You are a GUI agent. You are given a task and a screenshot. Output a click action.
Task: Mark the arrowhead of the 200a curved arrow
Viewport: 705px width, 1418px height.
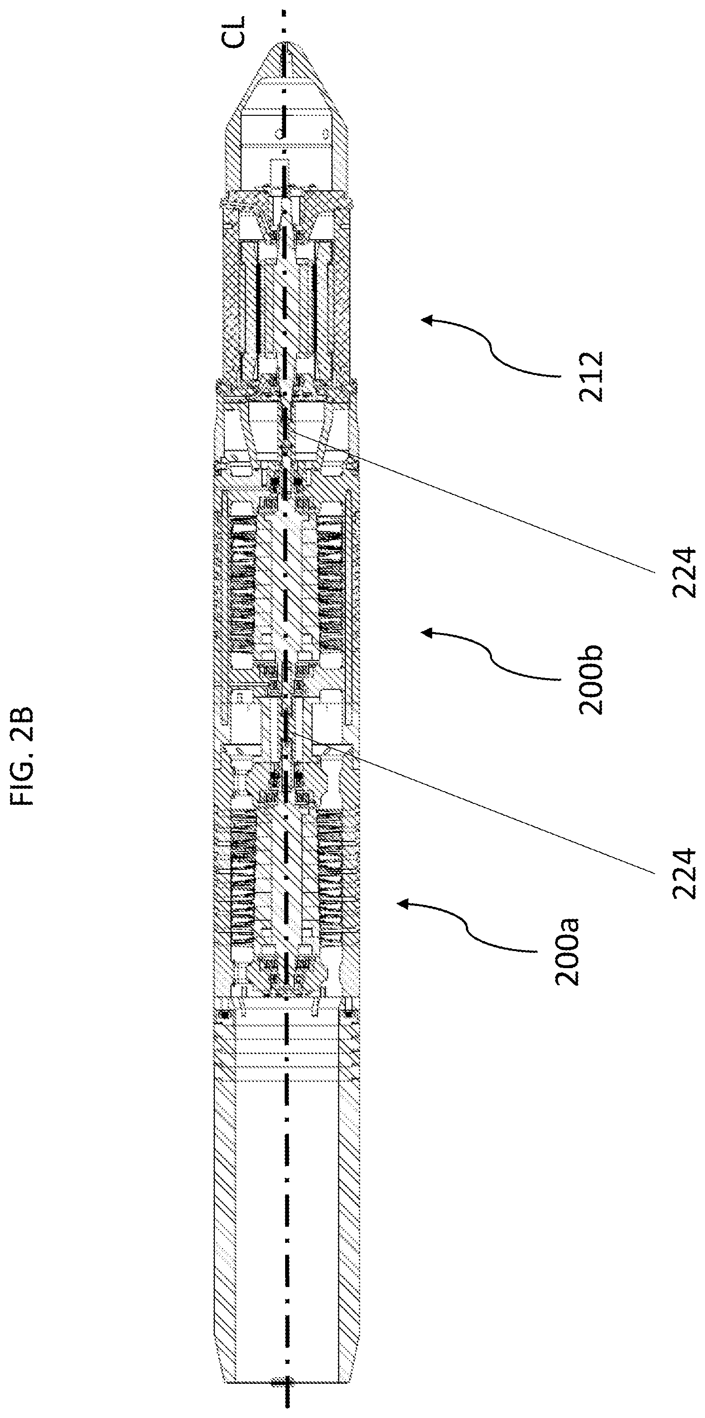coord(402,903)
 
